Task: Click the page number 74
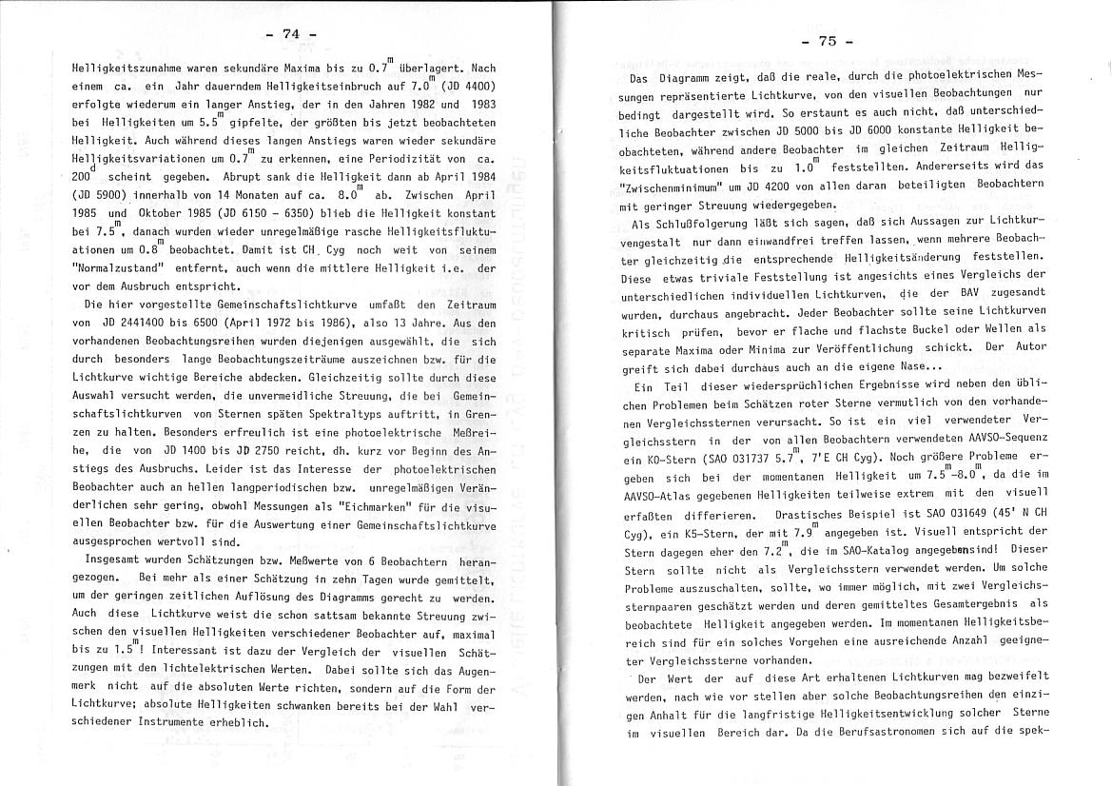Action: click(290, 35)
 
